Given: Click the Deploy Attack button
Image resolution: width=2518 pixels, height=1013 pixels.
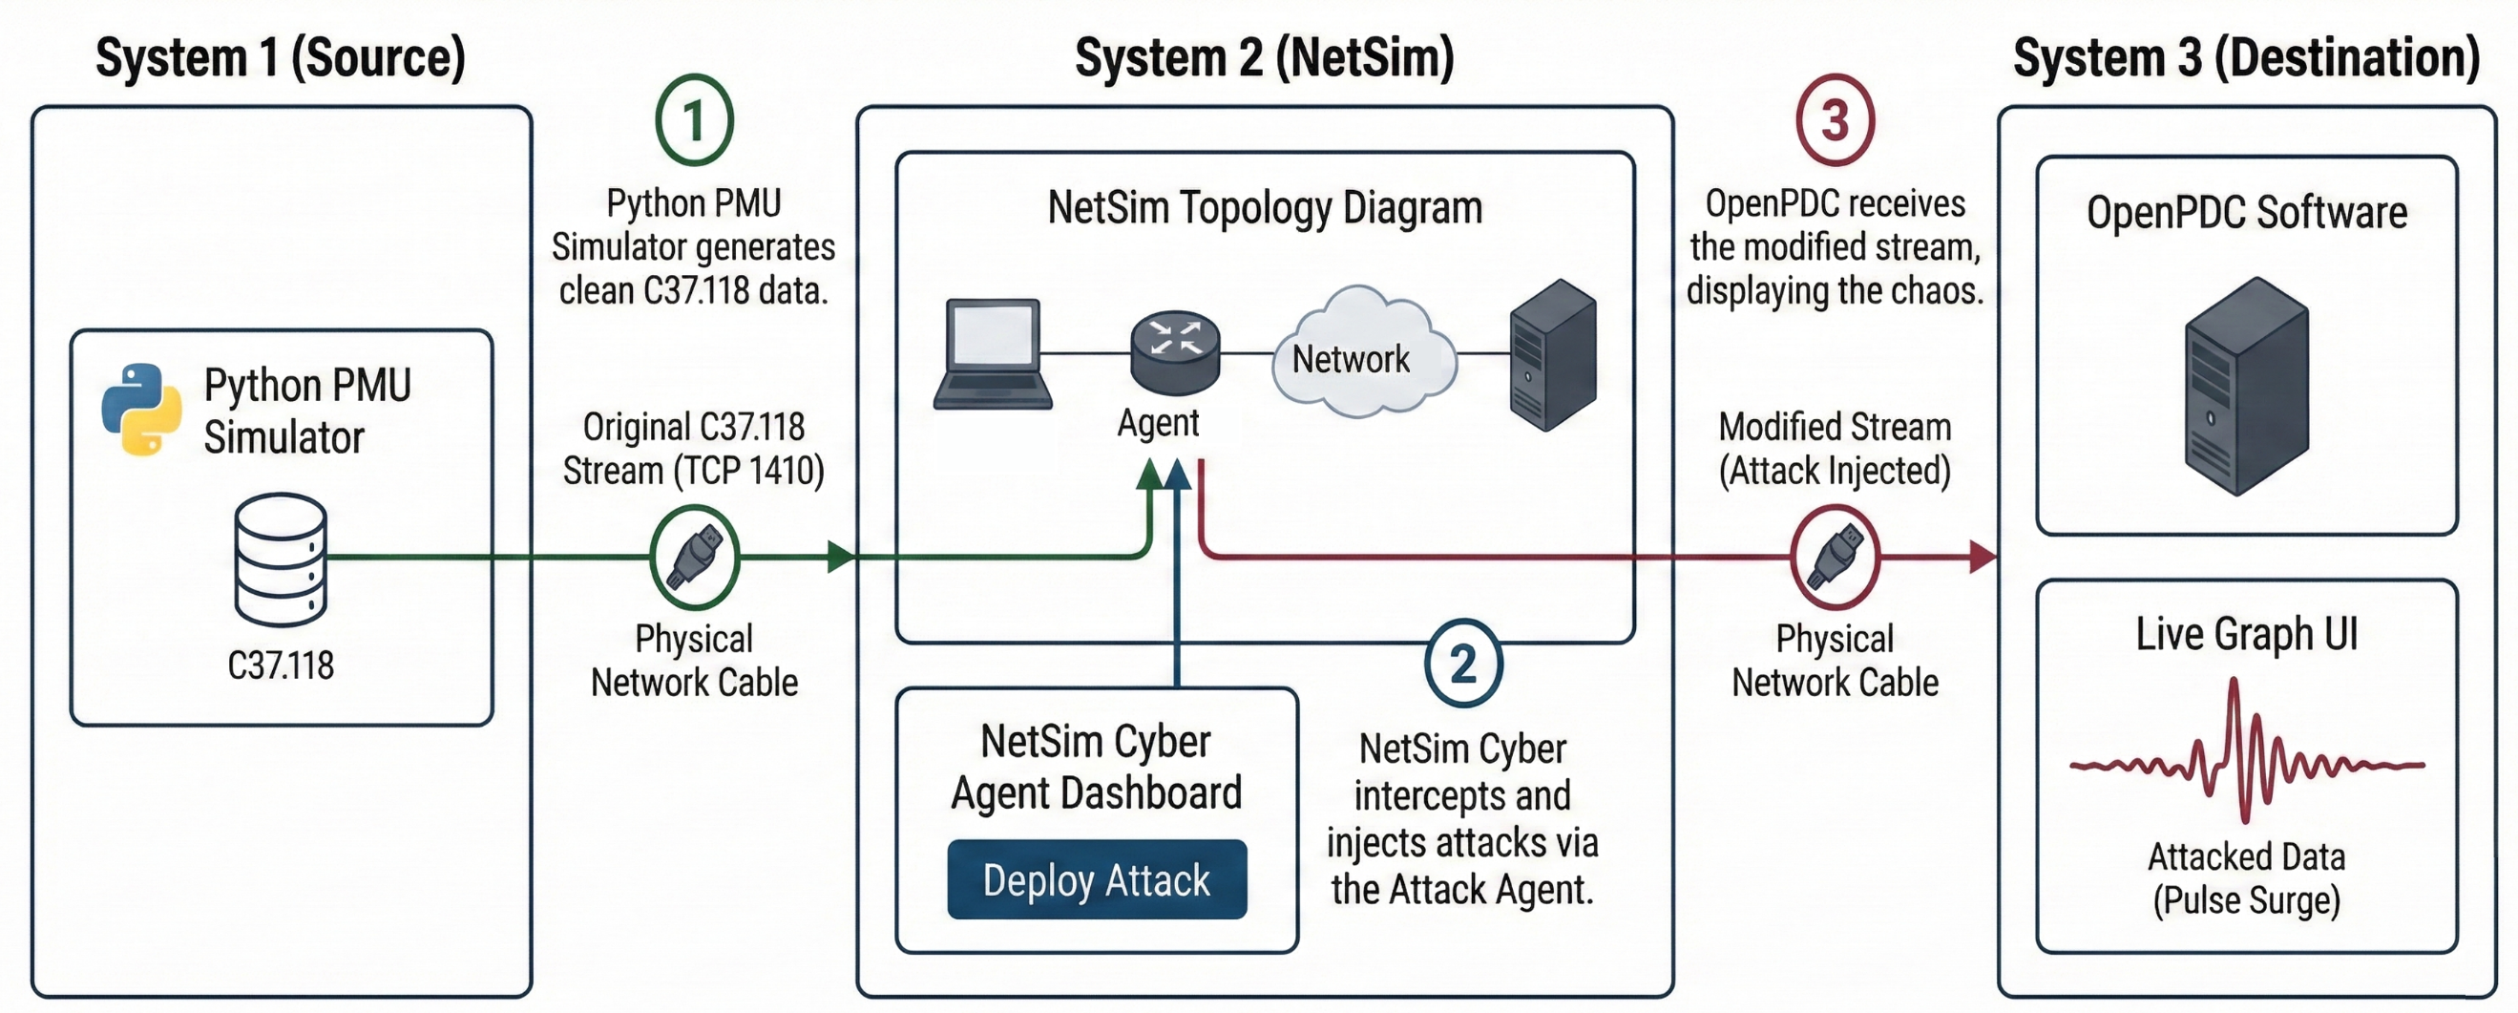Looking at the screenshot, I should click(1096, 879).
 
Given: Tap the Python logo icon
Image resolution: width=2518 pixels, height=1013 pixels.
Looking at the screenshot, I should click(141, 410).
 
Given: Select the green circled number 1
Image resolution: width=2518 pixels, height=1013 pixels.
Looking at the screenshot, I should click(694, 120).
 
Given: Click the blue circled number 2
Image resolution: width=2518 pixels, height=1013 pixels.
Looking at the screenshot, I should click(1462, 664).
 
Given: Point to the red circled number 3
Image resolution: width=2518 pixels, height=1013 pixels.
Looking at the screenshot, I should click(1835, 120).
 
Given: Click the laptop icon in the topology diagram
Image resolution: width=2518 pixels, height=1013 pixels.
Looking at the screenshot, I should click(992, 354).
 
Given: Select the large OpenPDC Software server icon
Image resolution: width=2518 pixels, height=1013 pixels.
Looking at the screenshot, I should click(2246, 387).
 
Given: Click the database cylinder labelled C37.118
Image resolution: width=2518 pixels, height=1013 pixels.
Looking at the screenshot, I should click(281, 559).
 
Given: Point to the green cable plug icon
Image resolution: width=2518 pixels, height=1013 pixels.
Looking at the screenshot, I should click(694, 558).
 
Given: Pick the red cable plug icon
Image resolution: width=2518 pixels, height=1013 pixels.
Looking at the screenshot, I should click(1835, 558).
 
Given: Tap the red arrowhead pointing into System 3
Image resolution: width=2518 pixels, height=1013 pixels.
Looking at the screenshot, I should click(1983, 558).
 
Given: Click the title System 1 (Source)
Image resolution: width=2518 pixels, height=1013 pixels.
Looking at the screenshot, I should click(281, 57).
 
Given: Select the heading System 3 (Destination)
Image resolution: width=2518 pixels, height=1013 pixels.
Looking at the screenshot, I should click(2246, 57).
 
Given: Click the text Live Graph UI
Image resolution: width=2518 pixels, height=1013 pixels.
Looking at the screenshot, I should click(2246, 634).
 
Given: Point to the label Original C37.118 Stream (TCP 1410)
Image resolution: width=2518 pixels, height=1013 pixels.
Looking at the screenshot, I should click(694, 449).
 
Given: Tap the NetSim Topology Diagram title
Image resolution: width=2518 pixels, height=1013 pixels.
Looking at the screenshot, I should click(1265, 208).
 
